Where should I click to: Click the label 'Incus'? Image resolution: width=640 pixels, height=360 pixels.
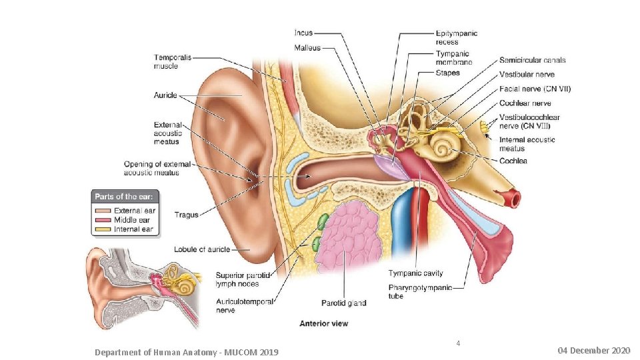303,33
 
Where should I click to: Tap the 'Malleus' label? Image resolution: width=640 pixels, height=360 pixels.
307,47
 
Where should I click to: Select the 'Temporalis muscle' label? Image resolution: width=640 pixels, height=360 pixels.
173,62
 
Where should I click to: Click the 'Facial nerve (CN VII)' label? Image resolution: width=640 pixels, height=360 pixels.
535,89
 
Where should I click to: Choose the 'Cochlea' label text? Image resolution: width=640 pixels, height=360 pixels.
513,161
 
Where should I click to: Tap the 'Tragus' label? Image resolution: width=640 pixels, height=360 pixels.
186,215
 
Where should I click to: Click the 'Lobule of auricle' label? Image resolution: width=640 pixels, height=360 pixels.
202,249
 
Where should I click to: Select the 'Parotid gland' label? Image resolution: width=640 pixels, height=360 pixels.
343,303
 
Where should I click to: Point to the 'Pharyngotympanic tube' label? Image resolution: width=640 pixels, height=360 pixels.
420,291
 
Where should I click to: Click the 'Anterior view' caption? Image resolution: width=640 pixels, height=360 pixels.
323,324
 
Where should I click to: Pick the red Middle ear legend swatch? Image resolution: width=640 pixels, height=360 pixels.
103,220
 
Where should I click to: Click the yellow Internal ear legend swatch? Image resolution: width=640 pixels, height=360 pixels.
103,229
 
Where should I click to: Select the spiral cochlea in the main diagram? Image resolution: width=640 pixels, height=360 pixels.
443,144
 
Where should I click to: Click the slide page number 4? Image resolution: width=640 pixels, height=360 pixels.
458,343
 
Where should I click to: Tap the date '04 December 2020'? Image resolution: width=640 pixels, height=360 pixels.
594,351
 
